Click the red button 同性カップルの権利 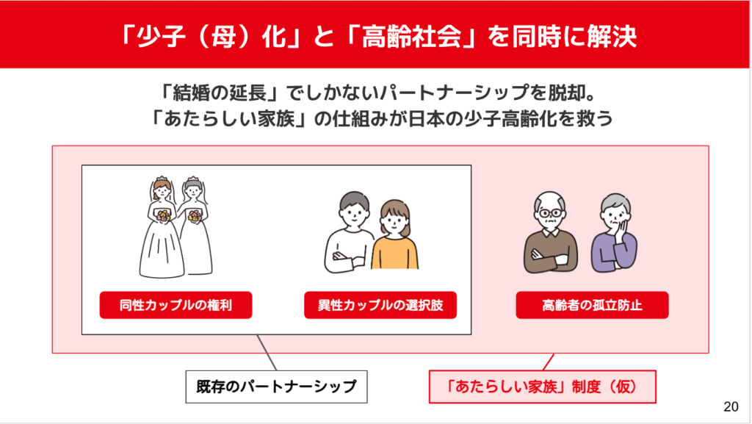[x=176, y=305]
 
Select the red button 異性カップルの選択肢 [x=380, y=305]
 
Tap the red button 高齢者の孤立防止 [x=592, y=305]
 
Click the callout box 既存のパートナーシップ [x=276, y=387]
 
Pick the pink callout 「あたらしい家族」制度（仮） [x=542, y=387]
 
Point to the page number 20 [x=731, y=407]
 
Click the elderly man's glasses [x=551, y=212]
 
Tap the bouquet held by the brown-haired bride [x=164, y=215]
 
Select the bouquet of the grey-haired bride [x=195, y=216]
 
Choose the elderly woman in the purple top [x=615, y=233]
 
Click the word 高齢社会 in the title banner [x=411, y=37]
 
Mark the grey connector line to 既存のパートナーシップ [x=267, y=353]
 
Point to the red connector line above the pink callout [x=549, y=362]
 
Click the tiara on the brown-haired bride [x=162, y=179]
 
